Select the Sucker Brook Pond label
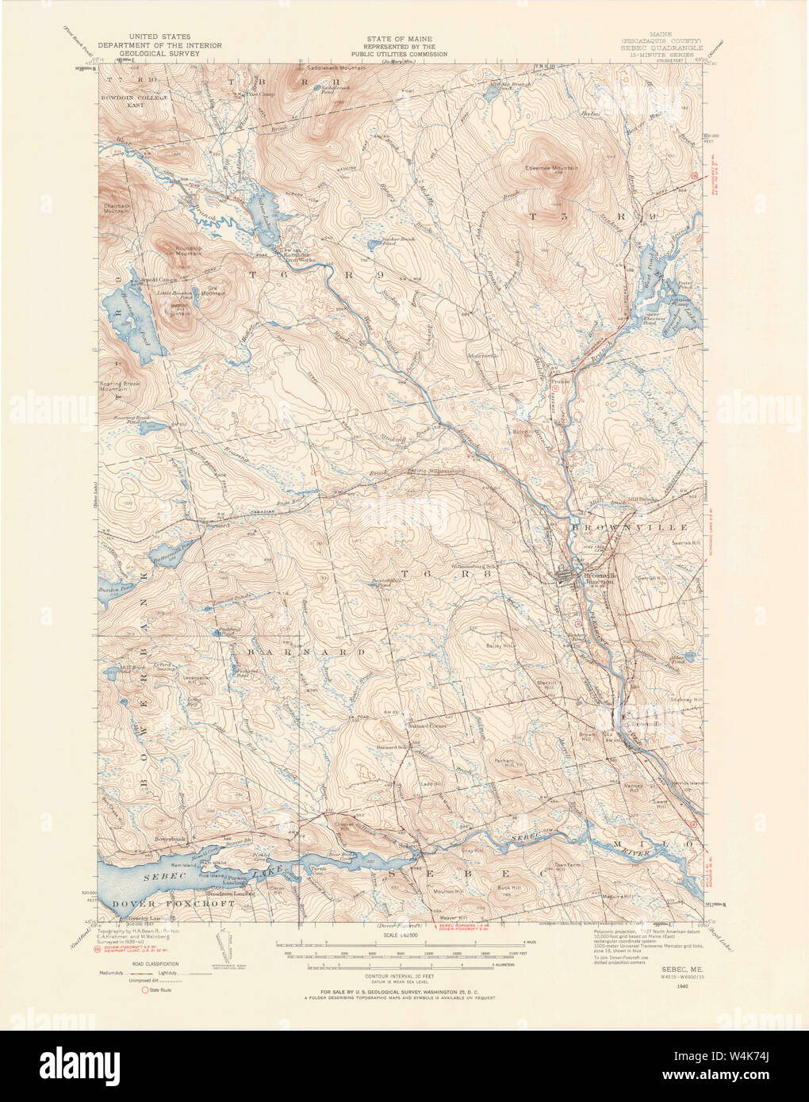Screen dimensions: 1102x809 click(x=384, y=240)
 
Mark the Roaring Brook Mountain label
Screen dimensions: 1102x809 click(x=125, y=388)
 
